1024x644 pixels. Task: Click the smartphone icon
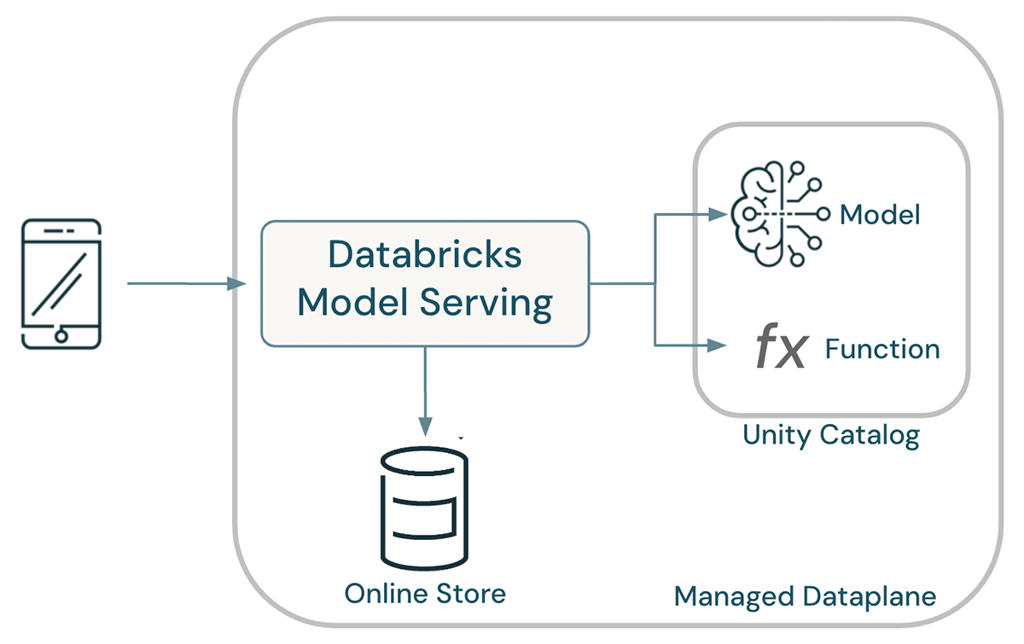[x=61, y=284]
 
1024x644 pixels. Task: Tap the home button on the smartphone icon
[x=61, y=336]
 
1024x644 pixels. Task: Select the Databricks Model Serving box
[x=424, y=284]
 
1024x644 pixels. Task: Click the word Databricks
[x=425, y=254]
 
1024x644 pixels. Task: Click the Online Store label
[x=424, y=593]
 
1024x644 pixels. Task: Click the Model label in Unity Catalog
[x=880, y=214]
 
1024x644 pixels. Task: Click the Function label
[x=882, y=349]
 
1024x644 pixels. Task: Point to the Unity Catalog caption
[x=830, y=435]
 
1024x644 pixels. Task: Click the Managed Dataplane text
[x=805, y=595]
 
